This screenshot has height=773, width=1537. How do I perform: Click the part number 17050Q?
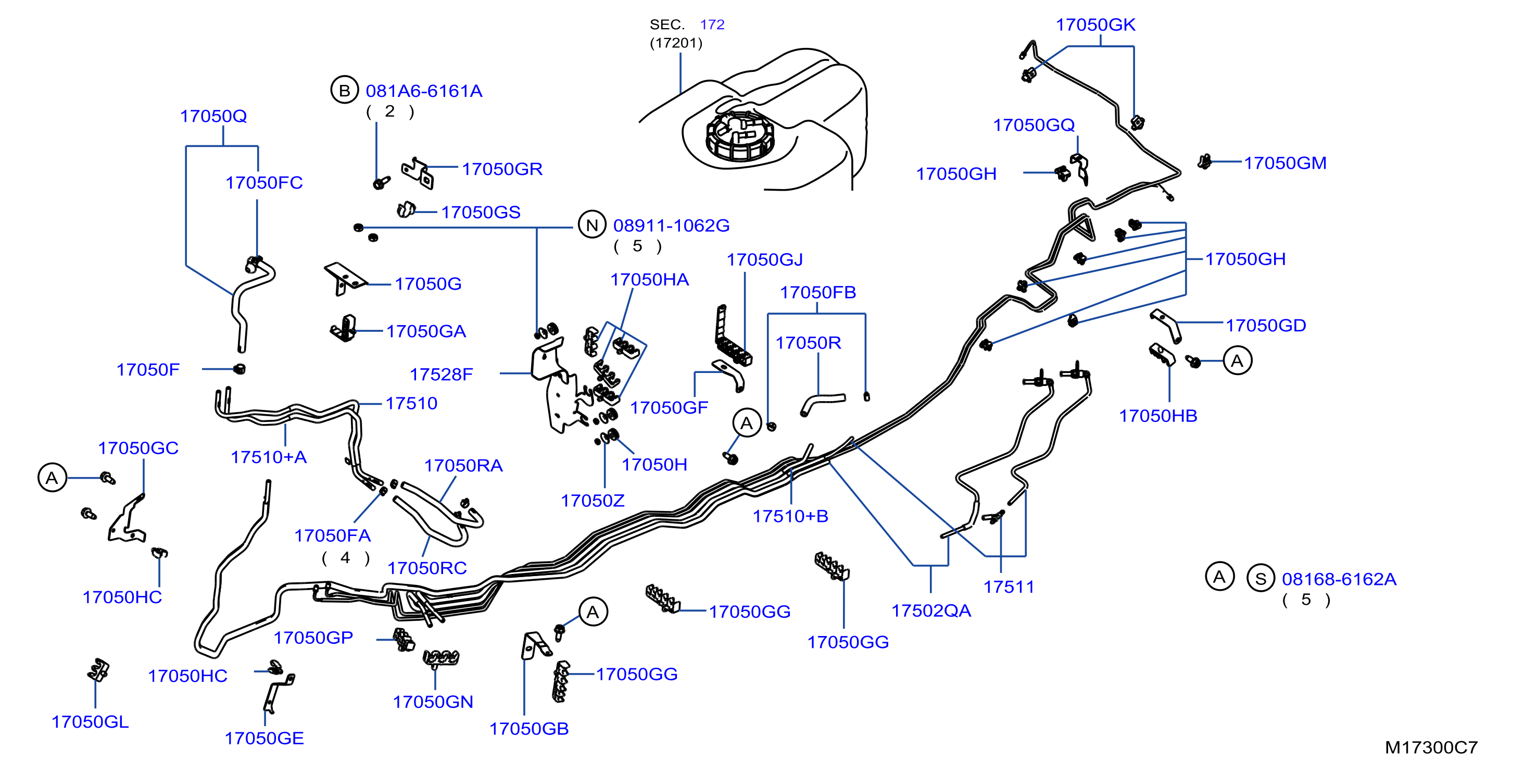[x=213, y=116]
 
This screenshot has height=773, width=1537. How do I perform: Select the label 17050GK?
[x=1095, y=24]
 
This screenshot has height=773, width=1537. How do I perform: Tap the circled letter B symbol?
[x=344, y=90]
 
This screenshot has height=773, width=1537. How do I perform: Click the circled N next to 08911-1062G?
[x=592, y=225]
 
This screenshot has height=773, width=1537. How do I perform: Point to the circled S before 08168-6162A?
[x=1260, y=578]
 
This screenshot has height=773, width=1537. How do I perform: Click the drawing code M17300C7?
[x=1431, y=747]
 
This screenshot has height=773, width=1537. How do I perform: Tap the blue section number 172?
[x=712, y=24]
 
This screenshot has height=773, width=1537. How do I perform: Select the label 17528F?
[x=441, y=375]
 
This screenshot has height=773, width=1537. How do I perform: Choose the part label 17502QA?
[x=931, y=610]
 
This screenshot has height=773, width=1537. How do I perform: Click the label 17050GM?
[x=1285, y=163]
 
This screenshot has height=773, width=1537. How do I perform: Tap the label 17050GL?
[x=90, y=721]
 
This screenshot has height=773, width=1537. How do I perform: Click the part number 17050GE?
[x=264, y=739]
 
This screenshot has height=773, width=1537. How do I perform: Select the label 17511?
[x=1009, y=587]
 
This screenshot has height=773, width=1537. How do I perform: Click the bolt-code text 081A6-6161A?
[x=424, y=91]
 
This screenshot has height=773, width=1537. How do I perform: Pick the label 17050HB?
[x=1158, y=416]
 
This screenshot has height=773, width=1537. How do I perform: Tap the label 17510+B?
[x=790, y=516]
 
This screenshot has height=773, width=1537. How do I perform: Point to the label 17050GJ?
[x=764, y=259]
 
